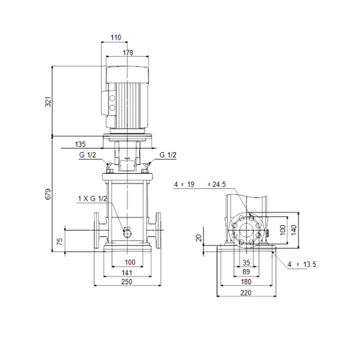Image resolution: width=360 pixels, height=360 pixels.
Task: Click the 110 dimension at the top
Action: (x=116, y=37)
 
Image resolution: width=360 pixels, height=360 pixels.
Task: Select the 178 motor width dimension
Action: (x=128, y=52)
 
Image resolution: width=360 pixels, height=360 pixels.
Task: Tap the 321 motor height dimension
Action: (x=49, y=101)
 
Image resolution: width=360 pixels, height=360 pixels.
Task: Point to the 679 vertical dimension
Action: (x=49, y=194)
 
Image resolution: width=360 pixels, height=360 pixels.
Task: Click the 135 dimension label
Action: (x=80, y=144)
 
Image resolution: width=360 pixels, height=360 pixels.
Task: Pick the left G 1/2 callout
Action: (x=87, y=155)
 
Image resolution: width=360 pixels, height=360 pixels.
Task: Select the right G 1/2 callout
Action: (x=168, y=155)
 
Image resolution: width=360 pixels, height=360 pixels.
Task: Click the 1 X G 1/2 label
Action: (x=93, y=199)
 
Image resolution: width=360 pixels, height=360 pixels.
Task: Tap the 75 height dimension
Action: (x=59, y=241)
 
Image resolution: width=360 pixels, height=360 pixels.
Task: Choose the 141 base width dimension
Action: (x=127, y=273)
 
